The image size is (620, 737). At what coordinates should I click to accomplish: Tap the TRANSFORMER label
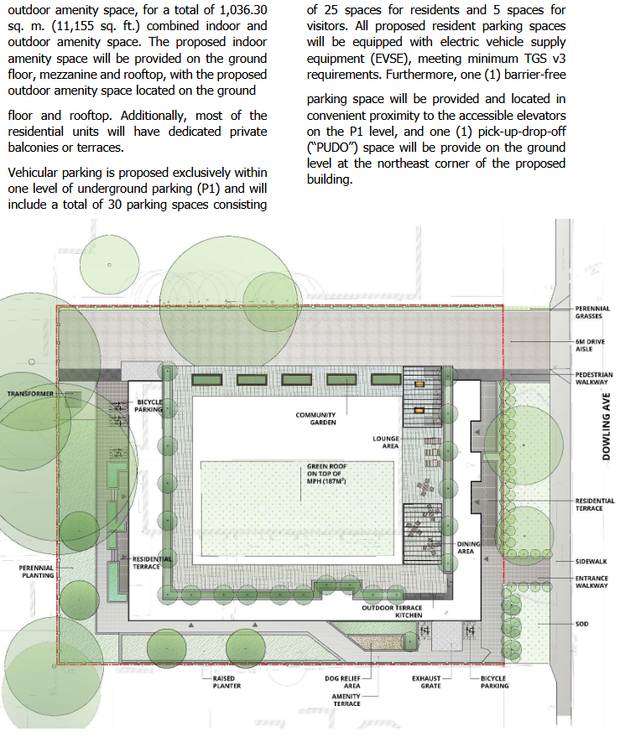(30, 393)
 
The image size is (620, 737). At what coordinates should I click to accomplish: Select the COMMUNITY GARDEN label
(315, 418)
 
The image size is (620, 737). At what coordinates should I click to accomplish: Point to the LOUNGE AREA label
(386, 443)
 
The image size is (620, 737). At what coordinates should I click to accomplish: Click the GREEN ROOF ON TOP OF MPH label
(326, 474)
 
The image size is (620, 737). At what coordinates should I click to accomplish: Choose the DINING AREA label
(468, 548)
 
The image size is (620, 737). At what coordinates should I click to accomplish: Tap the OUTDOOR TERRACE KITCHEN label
(392, 611)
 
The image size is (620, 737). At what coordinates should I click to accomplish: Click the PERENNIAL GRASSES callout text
(592, 313)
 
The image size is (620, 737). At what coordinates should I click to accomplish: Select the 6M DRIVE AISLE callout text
(590, 345)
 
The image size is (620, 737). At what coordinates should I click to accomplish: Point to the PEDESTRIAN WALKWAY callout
(594, 378)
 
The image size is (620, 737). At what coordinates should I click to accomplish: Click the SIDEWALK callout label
(591, 562)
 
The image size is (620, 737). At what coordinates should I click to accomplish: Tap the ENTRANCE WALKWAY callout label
(591, 582)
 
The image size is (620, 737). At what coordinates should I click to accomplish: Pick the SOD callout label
(582, 624)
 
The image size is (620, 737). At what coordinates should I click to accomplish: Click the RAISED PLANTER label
(227, 682)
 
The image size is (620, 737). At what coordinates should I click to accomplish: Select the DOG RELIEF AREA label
(342, 682)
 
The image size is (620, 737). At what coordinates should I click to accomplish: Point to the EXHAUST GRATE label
(427, 682)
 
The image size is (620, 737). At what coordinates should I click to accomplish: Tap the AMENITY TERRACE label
(346, 700)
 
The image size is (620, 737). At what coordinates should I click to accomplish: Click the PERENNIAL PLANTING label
(36, 572)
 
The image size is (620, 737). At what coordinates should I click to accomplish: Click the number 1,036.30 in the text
(243, 10)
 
